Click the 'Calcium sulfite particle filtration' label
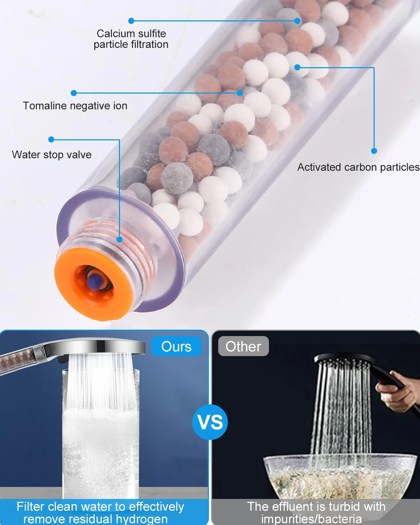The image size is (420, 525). pyautogui.click(x=131, y=39)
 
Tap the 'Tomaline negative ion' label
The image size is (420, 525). pyautogui.click(x=75, y=106)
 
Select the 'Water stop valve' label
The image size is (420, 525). pyautogui.click(x=52, y=155)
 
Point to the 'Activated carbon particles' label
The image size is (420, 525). pyautogui.click(x=359, y=167)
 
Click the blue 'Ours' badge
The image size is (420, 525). pyautogui.click(x=176, y=346)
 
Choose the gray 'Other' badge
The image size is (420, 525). pyautogui.click(x=243, y=346)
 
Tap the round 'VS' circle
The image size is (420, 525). pyautogui.click(x=210, y=422)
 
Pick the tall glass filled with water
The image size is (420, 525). pyautogui.click(x=101, y=434)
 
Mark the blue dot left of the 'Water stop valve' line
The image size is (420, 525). pyautogui.click(x=51, y=139)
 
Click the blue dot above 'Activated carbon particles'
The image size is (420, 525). pyautogui.click(x=374, y=151)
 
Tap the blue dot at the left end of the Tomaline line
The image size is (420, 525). pyautogui.click(x=74, y=93)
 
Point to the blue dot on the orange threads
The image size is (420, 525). pyautogui.click(x=119, y=239)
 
